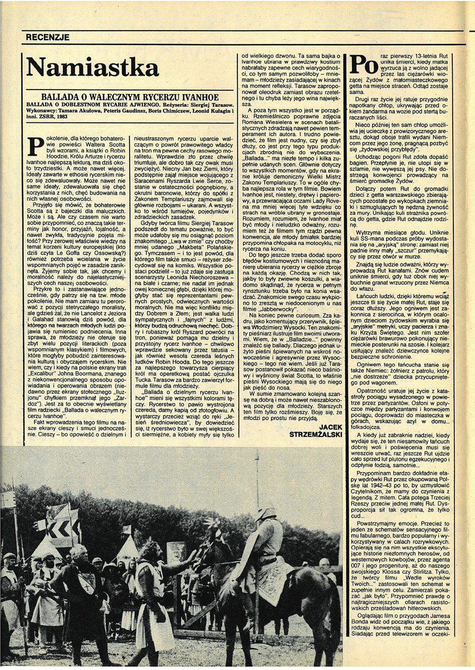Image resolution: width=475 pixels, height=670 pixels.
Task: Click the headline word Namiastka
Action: click(92, 67)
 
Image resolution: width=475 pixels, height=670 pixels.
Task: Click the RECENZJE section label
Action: click(48, 37)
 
